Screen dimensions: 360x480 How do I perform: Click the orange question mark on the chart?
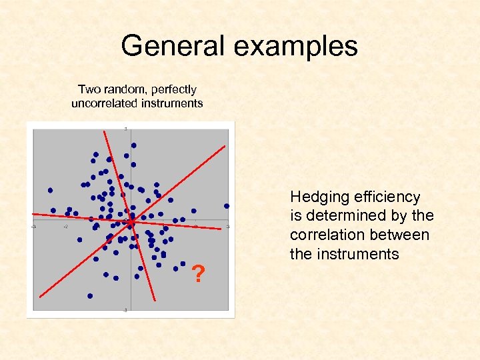coord(197,273)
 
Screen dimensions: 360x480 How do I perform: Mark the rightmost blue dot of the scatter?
coord(227,206)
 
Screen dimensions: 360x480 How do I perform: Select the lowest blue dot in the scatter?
coord(90,295)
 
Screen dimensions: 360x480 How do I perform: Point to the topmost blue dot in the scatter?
coord(133,145)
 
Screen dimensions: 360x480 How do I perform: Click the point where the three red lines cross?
coord(131,219)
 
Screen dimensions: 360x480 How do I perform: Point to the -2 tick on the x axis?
coord(65,227)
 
